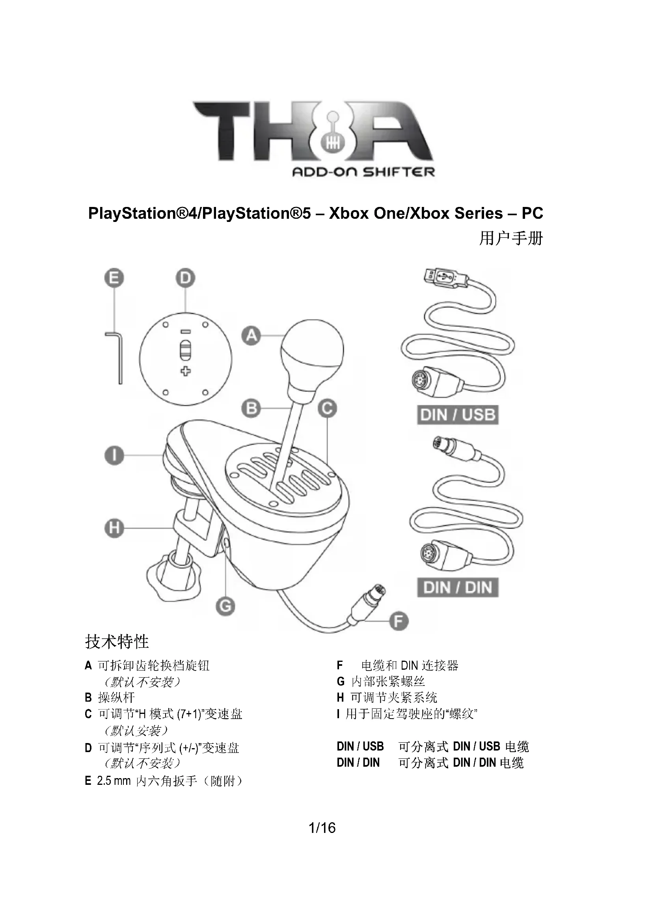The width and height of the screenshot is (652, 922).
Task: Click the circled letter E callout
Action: (114, 278)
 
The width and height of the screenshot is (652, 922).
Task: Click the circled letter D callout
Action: (185, 278)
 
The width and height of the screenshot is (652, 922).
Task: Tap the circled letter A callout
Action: (251, 335)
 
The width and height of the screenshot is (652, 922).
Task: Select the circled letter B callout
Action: (251, 408)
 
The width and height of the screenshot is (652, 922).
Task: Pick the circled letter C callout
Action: (327, 408)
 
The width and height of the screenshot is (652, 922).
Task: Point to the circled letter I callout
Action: (114, 456)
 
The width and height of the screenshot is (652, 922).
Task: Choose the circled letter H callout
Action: (114, 528)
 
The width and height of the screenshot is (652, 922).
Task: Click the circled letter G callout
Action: (225, 605)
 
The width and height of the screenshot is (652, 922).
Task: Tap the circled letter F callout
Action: (399, 621)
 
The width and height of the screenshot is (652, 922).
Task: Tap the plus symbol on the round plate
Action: (185, 371)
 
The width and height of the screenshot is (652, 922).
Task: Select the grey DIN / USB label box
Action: (458, 415)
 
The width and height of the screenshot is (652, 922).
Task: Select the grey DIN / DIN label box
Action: (458, 587)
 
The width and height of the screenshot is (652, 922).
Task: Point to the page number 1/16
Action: (322, 827)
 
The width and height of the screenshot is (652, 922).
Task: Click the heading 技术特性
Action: (117, 641)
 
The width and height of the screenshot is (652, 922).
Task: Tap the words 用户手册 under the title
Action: (510, 238)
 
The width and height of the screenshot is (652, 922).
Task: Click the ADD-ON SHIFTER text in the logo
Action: (363, 172)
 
